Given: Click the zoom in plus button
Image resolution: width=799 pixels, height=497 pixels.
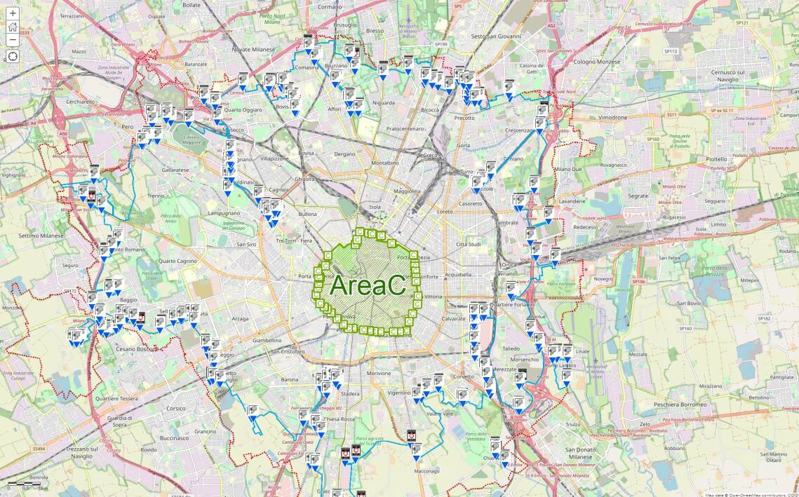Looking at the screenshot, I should pos(13,13).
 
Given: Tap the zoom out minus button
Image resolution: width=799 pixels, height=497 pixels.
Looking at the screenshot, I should pos(13,39).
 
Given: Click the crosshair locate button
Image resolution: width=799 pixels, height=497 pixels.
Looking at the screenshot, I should pos(13,55).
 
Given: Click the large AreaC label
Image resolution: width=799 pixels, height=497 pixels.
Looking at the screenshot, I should pos(368,285).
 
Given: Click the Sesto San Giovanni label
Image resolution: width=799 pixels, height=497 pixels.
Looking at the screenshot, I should pos(496,36).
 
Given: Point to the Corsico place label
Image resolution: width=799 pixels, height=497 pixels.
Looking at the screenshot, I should pos(175,408).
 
